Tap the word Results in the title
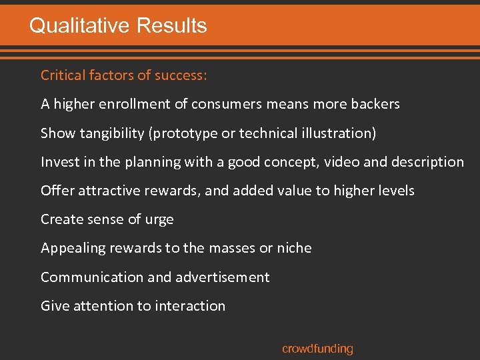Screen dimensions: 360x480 tap(171, 26)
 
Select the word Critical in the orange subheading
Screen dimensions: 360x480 tap(64, 75)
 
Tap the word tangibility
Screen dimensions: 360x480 tap(113, 133)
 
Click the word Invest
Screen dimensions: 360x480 tap(59, 162)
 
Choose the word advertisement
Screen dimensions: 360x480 tap(219, 277)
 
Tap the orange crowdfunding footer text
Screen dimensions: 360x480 tap(317, 349)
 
